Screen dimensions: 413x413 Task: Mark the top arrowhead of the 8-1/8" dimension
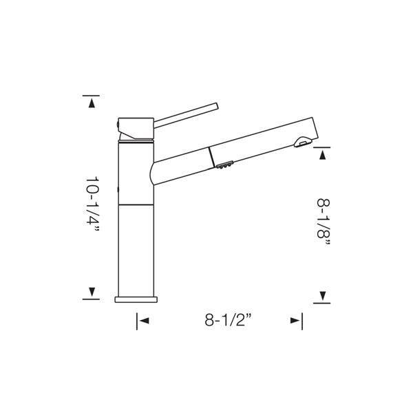(322, 155)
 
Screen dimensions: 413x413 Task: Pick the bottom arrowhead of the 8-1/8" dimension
(322, 297)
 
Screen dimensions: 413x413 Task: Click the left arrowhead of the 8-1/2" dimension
(144, 320)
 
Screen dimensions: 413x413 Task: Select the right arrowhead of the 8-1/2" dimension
(295, 320)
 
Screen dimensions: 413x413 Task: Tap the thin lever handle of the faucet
(186, 114)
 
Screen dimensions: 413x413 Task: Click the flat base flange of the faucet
(136, 299)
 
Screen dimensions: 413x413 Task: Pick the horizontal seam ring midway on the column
(136, 205)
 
